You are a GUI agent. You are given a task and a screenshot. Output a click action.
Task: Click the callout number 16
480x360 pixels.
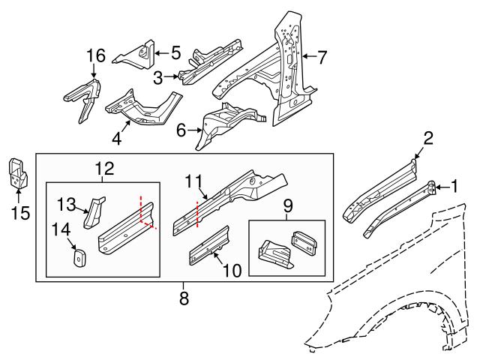(95, 56)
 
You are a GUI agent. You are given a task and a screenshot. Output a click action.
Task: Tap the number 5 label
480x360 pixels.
(175, 52)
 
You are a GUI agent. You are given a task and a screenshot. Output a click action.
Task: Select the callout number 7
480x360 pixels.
(322, 56)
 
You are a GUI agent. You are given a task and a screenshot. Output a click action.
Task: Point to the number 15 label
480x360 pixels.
(21, 213)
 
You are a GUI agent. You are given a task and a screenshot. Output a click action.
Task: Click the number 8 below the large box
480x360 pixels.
(184, 298)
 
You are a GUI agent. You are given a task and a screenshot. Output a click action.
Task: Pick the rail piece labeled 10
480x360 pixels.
(209, 244)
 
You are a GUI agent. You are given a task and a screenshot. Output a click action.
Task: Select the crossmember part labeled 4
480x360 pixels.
(142, 106)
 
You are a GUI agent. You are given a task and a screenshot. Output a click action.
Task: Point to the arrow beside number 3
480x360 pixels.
(172, 76)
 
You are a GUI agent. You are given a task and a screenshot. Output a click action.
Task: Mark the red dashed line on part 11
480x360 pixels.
(197, 213)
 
